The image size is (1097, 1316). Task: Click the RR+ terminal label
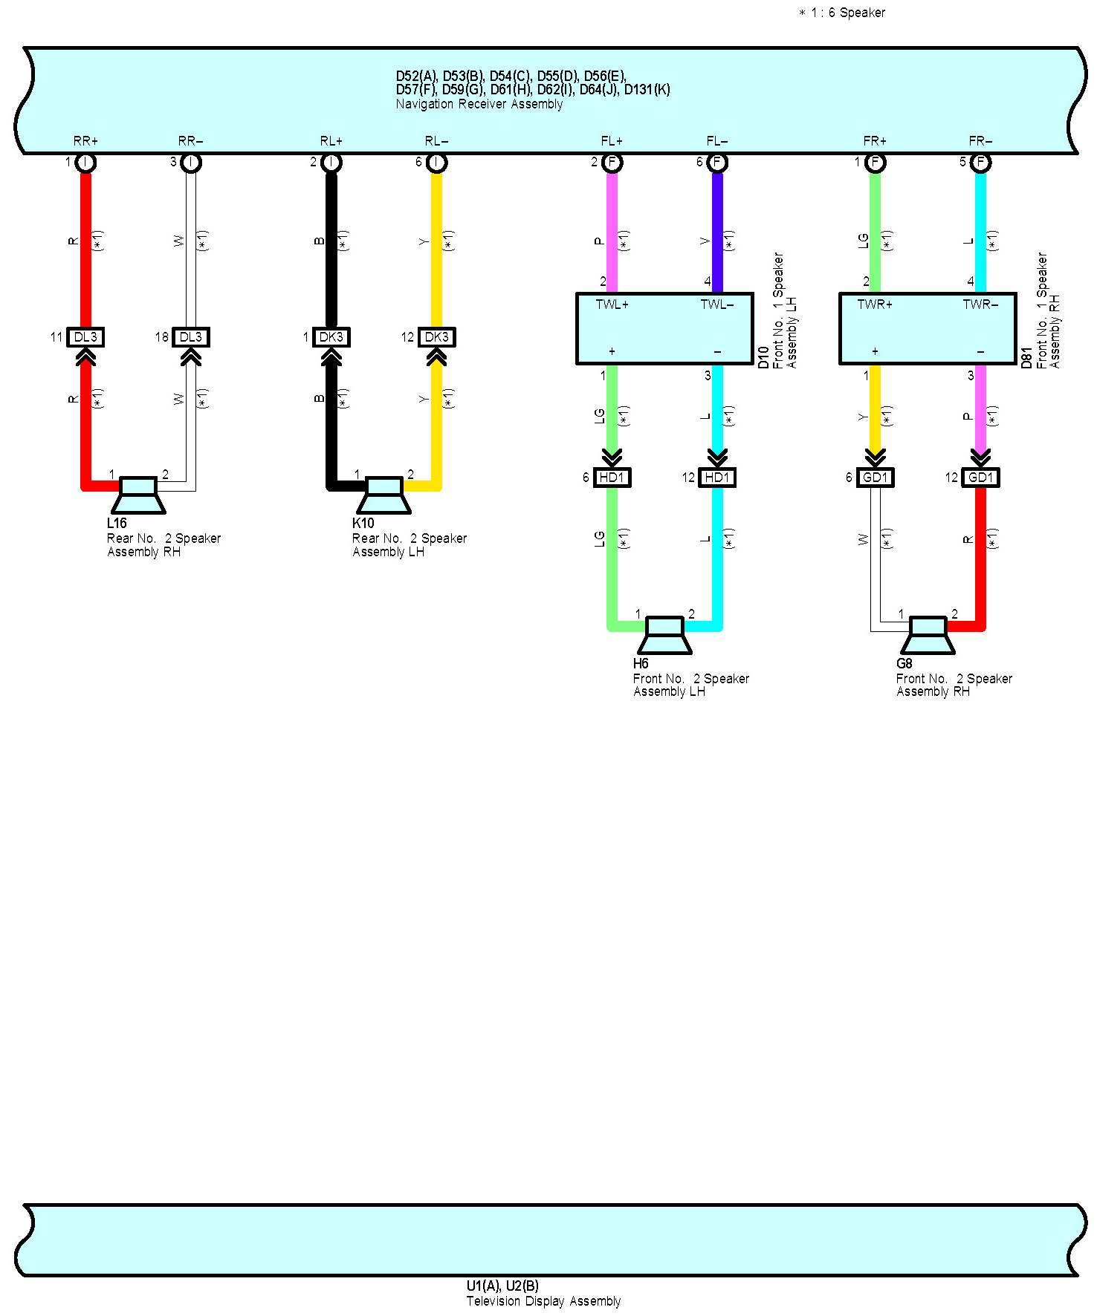tap(85, 140)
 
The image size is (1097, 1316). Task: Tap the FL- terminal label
tap(716, 140)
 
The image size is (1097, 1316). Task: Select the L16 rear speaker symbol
tap(138, 495)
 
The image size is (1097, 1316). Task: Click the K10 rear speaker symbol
tap(384, 495)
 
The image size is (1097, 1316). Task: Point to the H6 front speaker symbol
tap(665, 635)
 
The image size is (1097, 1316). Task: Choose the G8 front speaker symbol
tap(928, 635)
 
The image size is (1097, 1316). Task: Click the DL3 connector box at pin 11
tap(85, 337)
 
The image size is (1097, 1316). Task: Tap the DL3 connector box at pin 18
tap(191, 337)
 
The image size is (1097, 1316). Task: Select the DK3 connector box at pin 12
tap(436, 337)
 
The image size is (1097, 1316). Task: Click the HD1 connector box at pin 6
tap(612, 478)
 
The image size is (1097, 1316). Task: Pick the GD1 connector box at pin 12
tap(980, 478)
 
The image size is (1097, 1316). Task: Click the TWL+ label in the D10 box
tap(612, 304)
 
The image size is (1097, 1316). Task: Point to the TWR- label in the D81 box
tap(980, 304)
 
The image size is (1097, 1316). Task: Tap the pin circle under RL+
tap(331, 162)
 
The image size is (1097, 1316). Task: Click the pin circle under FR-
tap(980, 162)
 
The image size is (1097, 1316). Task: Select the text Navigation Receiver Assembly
tap(479, 104)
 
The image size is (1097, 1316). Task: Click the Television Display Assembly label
tap(543, 1301)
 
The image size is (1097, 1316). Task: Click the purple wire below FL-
tap(717, 223)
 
